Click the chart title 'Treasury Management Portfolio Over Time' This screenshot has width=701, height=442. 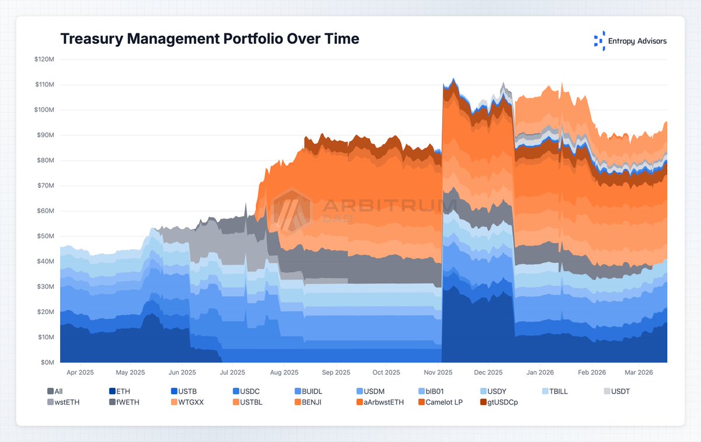coord(210,39)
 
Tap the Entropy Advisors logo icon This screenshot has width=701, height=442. coord(599,41)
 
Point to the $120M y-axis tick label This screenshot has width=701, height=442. coord(45,60)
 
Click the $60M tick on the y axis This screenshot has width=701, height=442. coord(46,211)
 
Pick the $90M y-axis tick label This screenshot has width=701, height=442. coord(46,135)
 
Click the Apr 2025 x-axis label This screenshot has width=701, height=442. coord(79,372)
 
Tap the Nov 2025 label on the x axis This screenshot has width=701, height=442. coord(438,372)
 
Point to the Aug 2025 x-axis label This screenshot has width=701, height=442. coord(284,372)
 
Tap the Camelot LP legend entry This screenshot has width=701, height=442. coord(440,402)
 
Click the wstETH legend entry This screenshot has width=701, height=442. coord(63,402)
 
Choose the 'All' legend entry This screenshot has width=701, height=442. coord(55,391)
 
